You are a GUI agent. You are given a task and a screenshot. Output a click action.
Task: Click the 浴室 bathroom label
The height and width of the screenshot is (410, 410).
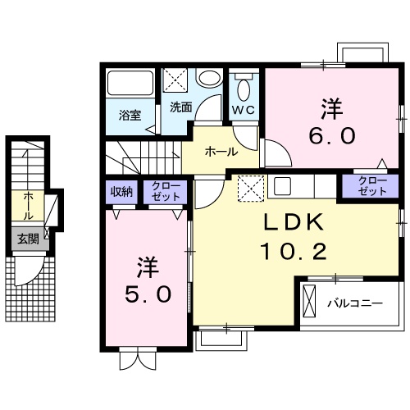pyautogui.click(x=130, y=115)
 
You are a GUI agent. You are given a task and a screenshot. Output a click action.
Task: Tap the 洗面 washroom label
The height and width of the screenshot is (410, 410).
pyautogui.click(x=180, y=107)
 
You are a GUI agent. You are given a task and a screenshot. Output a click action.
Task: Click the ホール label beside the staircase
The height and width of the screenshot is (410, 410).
pyautogui.click(x=221, y=152)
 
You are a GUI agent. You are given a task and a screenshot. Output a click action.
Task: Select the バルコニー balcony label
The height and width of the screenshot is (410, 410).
pyautogui.click(x=355, y=303)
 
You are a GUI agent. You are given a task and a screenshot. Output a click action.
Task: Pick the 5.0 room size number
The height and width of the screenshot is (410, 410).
pyautogui.click(x=149, y=293)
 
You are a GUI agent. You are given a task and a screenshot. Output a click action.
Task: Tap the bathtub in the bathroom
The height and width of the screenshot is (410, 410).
pyautogui.click(x=130, y=84)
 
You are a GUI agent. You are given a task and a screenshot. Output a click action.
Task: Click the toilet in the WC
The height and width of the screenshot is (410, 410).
pyautogui.click(x=244, y=87)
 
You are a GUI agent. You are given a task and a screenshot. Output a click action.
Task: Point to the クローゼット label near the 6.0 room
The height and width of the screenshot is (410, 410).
pyautogui.click(x=372, y=185)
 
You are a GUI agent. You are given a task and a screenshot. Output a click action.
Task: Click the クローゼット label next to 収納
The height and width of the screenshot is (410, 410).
pyautogui.click(x=166, y=193)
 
